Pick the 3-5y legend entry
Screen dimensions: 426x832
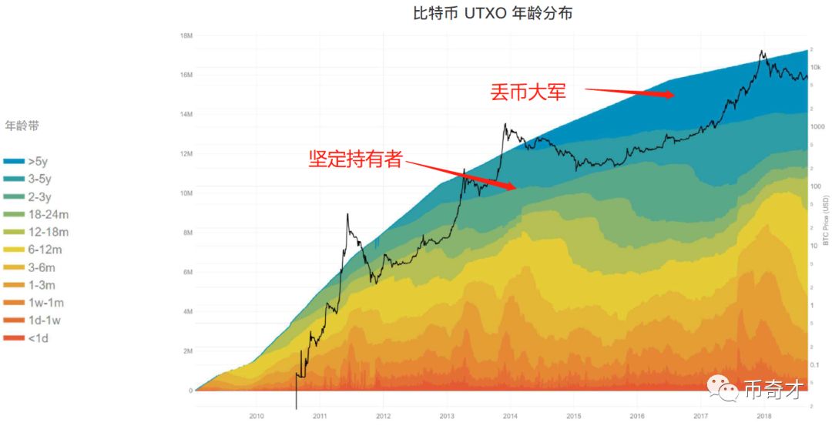point(39,179)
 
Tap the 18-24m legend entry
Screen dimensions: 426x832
point(46,214)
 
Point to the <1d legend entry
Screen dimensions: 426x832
point(38,338)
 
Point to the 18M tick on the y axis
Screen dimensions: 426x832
point(185,35)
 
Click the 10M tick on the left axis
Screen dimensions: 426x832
point(185,193)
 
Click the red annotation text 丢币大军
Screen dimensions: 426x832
point(528,92)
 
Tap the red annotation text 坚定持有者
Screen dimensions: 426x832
point(355,159)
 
